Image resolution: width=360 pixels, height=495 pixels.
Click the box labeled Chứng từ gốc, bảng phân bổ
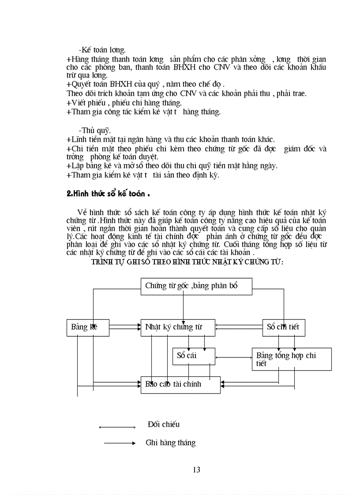tap(196, 286)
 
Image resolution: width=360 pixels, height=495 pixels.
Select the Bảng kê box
tap(88, 327)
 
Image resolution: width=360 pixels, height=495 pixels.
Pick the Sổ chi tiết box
tap(283, 327)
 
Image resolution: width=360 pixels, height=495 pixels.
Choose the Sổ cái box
tap(194, 356)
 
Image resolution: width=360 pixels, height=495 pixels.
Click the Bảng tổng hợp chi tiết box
tap(291, 359)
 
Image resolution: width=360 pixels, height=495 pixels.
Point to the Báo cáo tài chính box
tap(180, 384)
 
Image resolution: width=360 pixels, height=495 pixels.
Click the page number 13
tap(197, 469)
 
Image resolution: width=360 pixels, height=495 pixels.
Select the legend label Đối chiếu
tap(164, 424)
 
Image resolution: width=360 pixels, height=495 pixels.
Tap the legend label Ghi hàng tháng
tap(170, 443)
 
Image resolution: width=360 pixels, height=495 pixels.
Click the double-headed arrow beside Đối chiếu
tap(117, 427)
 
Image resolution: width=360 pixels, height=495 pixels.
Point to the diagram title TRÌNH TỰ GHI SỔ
tap(187, 262)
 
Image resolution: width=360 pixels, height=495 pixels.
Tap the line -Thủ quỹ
tap(94, 130)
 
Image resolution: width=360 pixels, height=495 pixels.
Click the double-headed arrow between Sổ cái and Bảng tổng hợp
tap(233, 357)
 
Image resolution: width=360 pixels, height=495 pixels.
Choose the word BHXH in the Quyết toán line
tap(118, 85)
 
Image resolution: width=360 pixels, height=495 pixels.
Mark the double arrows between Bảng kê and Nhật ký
tap(125, 327)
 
